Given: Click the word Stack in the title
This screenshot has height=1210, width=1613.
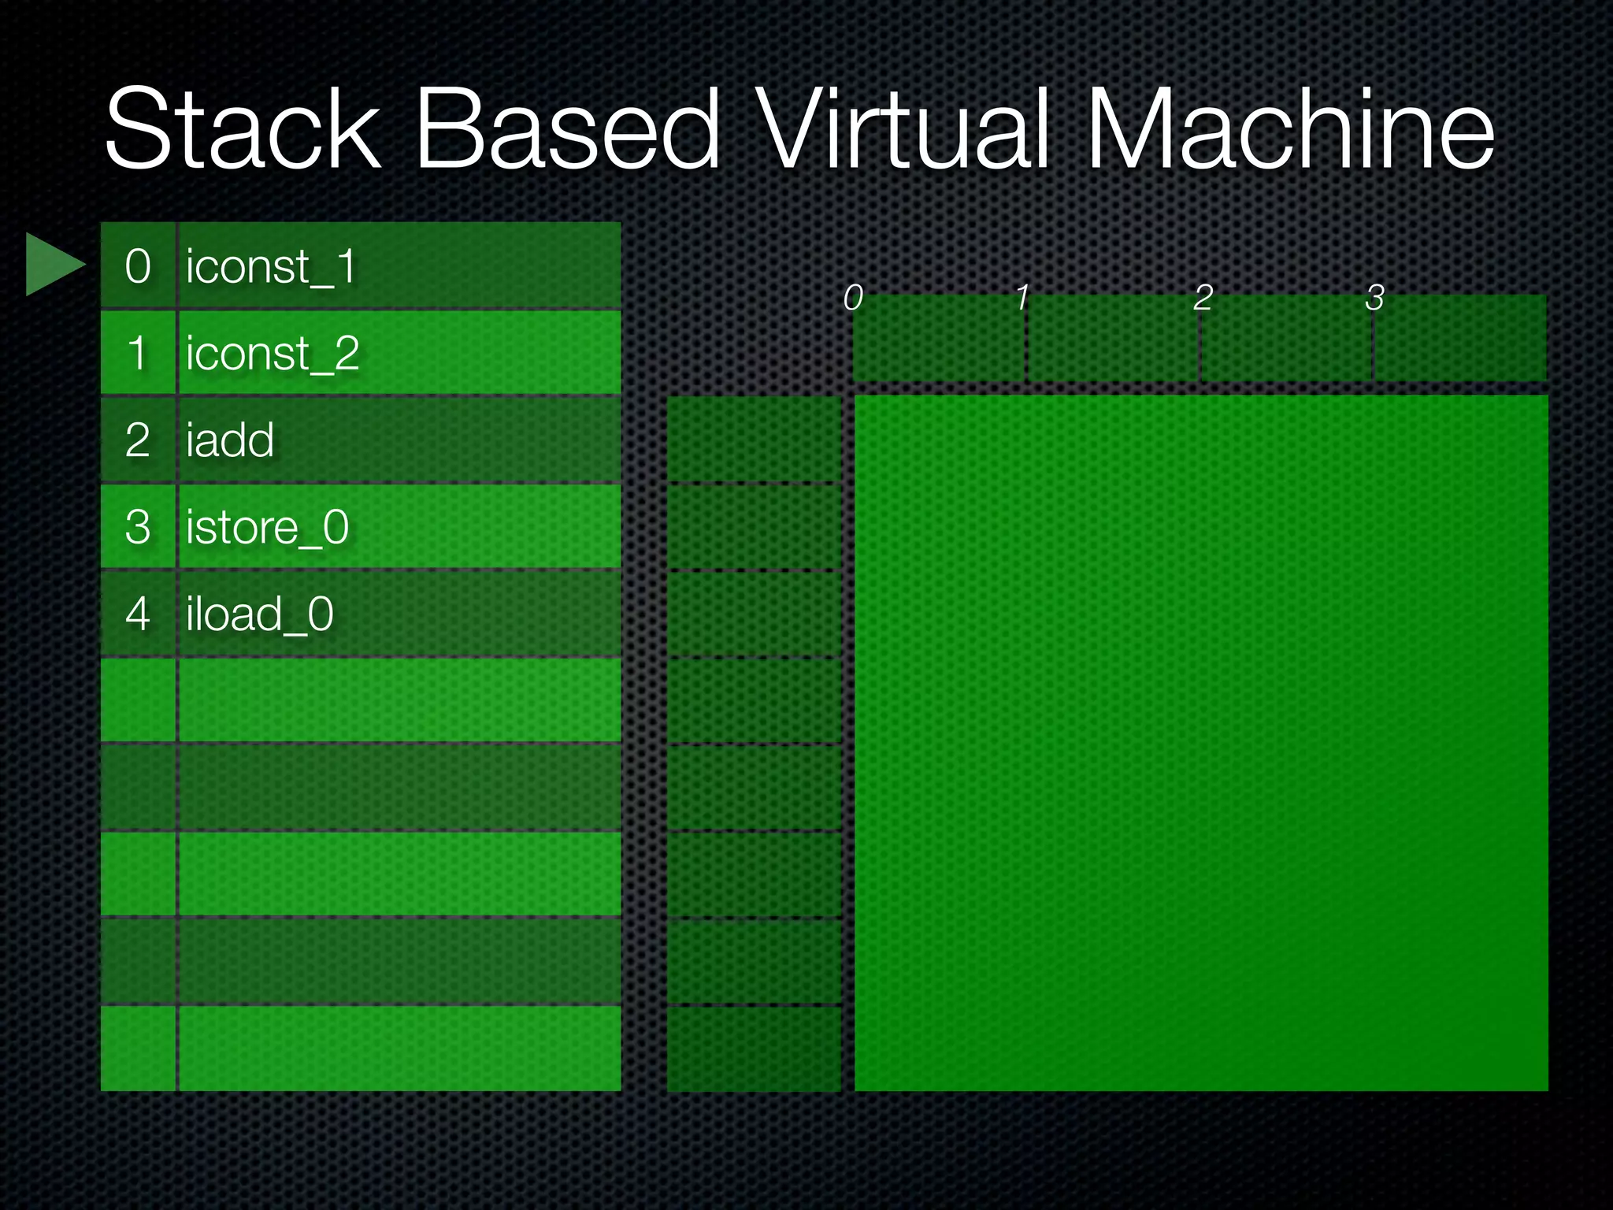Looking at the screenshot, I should (x=243, y=130).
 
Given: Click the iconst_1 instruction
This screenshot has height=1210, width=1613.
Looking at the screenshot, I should (x=271, y=267).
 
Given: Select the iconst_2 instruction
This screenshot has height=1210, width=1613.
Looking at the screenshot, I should (x=273, y=354).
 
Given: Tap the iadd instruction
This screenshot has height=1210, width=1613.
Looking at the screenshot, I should (x=230, y=440).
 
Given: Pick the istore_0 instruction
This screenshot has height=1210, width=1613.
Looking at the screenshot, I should (x=267, y=527).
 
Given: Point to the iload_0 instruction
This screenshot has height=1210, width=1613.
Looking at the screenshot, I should (x=260, y=614).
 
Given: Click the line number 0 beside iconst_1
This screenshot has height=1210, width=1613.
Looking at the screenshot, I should (x=138, y=267).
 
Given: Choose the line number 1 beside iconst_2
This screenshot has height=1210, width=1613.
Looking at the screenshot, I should (x=138, y=354).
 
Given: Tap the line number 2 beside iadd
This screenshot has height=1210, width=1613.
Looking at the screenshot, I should (x=138, y=440).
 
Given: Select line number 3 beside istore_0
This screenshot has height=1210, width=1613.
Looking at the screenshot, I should (x=138, y=527).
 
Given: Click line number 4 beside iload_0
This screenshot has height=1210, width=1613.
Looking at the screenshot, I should (x=138, y=614).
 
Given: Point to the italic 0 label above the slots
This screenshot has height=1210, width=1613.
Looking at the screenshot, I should (x=853, y=298).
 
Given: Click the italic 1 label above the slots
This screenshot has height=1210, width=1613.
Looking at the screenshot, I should (x=1022, y=298).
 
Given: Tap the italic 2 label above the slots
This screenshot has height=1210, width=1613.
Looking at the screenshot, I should (x=1203, y=298).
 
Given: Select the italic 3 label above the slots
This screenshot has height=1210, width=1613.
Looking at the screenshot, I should (x=1375, y=298).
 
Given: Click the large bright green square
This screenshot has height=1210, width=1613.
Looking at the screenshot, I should (x=1201, y=743).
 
